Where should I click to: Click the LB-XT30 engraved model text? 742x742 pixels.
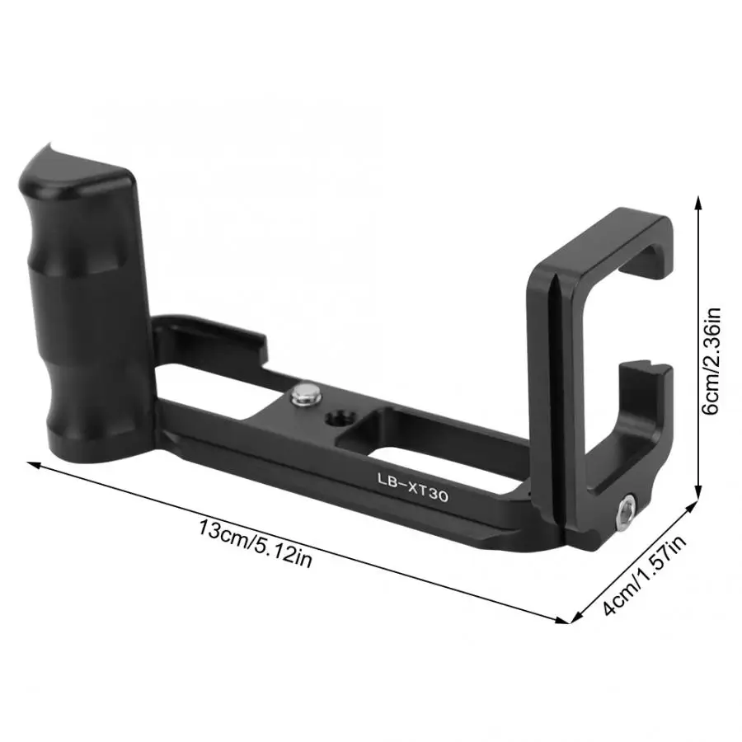click(x=413, y=486)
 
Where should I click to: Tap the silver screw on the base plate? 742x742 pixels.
click(x=305, y=394)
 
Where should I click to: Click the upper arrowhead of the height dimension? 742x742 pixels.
click(x=697, y=204)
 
